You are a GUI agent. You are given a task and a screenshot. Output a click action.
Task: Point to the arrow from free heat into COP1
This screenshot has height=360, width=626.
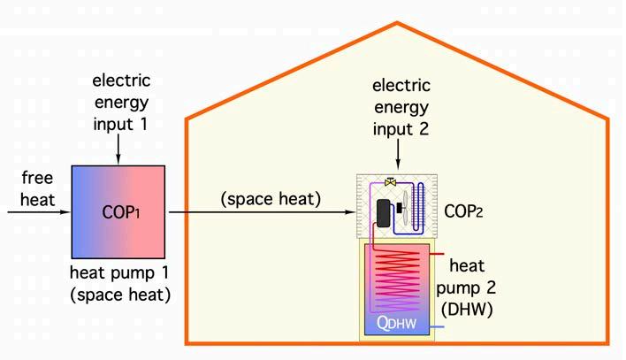(40, 212)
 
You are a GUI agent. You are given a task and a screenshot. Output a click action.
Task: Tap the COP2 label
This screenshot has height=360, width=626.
(464, 210)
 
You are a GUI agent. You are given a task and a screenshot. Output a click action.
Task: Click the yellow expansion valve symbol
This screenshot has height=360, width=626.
(391, 182)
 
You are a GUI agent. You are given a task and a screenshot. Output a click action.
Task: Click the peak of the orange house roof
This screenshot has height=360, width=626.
(397, 25)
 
